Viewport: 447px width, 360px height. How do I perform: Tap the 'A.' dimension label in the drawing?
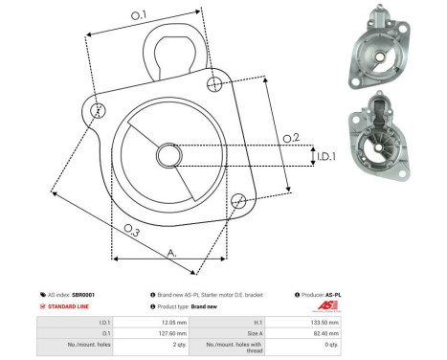point(172,253)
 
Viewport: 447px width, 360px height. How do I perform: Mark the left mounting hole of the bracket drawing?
point(96,112)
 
